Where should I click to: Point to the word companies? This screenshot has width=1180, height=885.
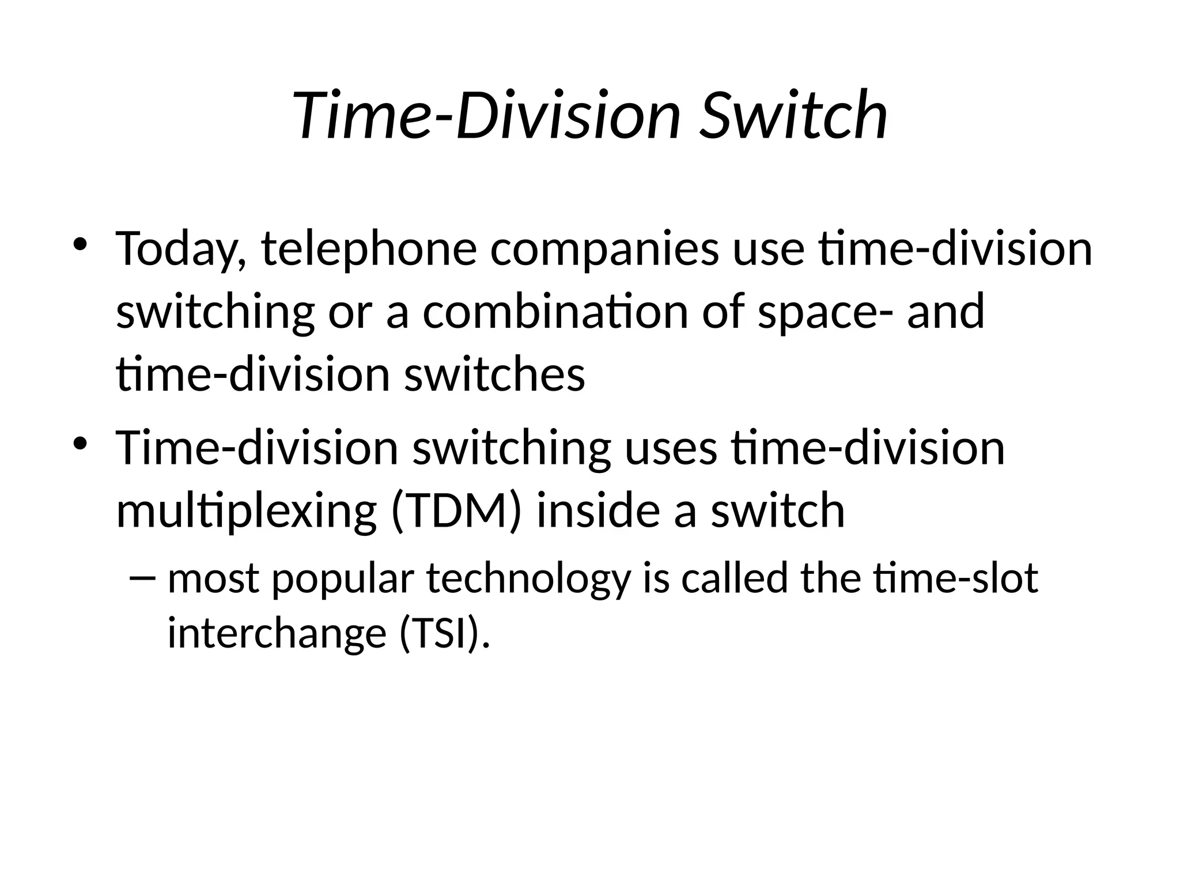click(x=604, y=249)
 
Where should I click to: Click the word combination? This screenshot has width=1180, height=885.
click(x=555, y=312)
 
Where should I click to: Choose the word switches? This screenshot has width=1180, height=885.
click(x=494, y=374)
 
